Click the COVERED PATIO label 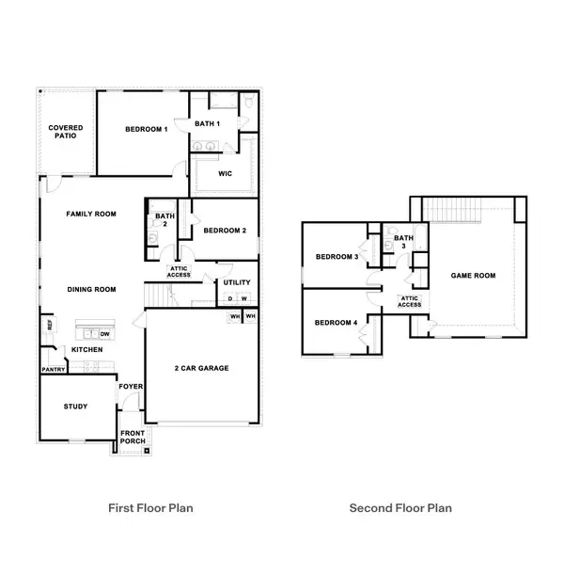(x=66, y=132)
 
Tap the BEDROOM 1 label (x=133, y=130)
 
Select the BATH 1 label (x=208, y=124)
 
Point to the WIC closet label (x=225, y=173)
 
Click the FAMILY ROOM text (x=91, y=215)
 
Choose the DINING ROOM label (x=91, y=289)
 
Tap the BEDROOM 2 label (x=225, y=231)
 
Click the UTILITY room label (x=237, y=282)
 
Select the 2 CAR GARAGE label (x=202, y=368)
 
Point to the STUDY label (x=76, y=407)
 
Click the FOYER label (x=130, y=387)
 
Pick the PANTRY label (x=54, y=370)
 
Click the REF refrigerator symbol (x=49, y=326)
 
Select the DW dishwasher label (x=105, y=333)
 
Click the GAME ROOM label (x=474, y=276)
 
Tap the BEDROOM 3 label (x=336, y=257)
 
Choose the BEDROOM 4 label (x=336, y=323)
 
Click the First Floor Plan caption (x=151, y=508)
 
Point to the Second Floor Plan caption (x=400, y=508)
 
